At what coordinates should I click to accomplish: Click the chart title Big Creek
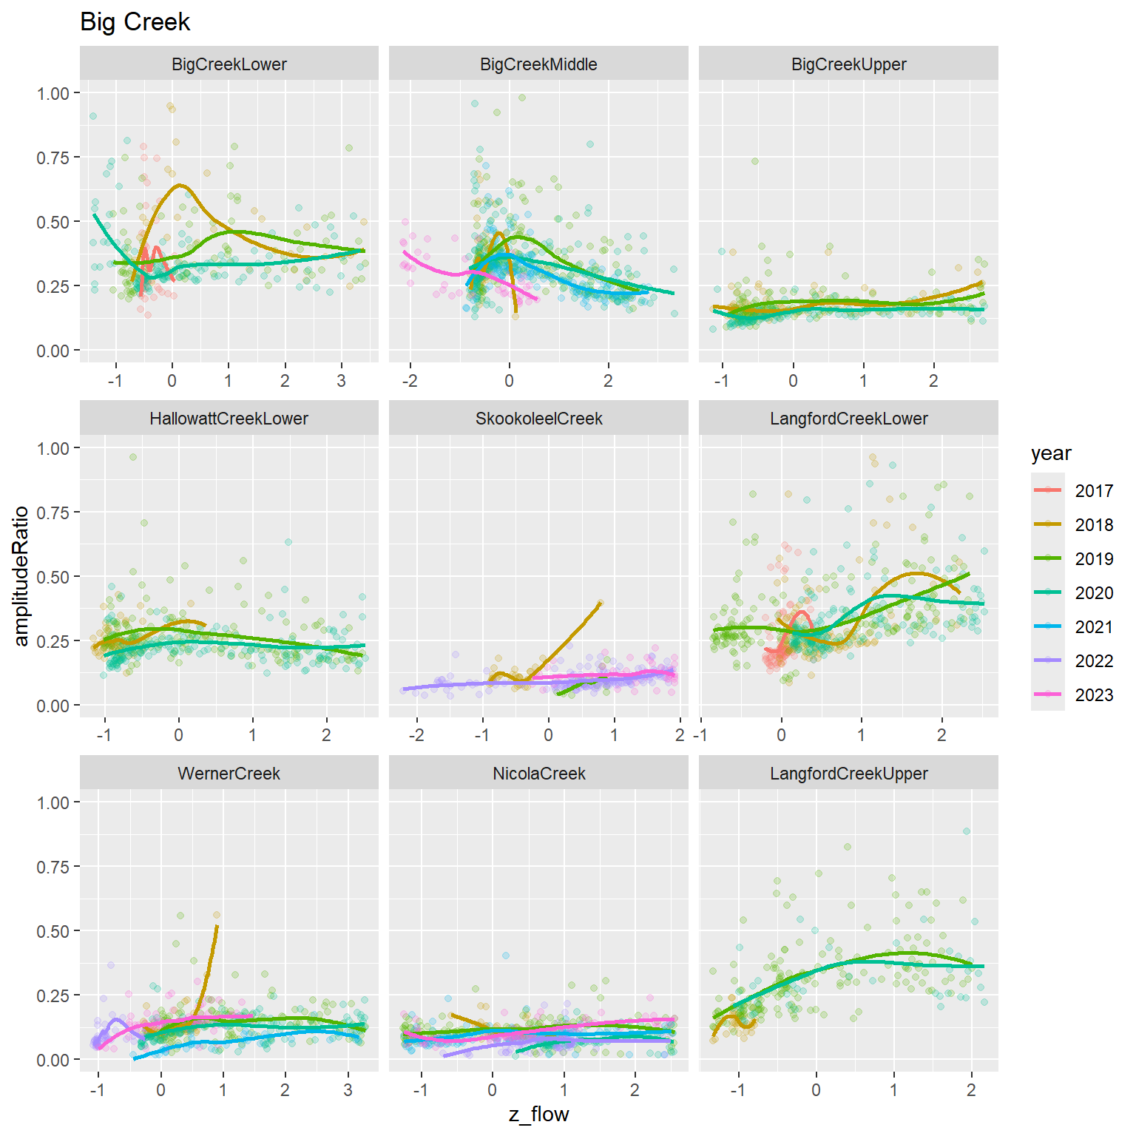tap(135, 22)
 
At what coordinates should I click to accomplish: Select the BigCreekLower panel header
tap(229, 64)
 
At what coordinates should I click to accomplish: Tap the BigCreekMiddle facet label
tap(538, 64)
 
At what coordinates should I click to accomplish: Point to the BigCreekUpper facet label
tap(848, 64)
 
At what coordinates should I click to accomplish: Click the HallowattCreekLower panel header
tap(229, 419)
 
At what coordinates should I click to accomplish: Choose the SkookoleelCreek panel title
tap(538, 419)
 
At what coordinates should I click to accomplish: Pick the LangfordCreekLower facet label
tap(848, 419)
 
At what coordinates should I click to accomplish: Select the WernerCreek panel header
tap(229, 774)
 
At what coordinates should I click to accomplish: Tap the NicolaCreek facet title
tap(538, 774)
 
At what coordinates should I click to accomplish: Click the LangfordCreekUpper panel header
tap(848, 774)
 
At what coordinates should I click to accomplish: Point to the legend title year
tap(1051, 453)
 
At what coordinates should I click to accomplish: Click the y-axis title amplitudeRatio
tap(21, 576)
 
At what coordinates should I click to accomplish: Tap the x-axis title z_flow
tap(538, 1115)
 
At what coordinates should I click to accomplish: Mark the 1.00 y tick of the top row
tap(53, 93)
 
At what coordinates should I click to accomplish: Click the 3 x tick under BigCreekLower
tap(341, 382)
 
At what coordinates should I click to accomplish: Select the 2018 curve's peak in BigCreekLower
tap(180, 186)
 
